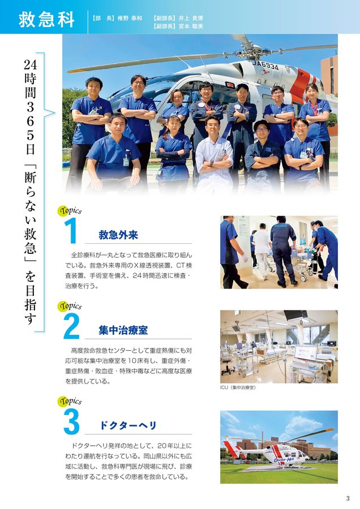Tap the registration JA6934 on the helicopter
265,66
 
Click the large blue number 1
71,232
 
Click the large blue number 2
71,327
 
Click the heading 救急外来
118,235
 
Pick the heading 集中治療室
123,330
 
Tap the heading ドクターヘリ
128,425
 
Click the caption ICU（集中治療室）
238,388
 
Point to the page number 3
348,498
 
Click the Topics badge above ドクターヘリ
70,402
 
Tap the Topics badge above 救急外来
70,211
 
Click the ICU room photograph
278,346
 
